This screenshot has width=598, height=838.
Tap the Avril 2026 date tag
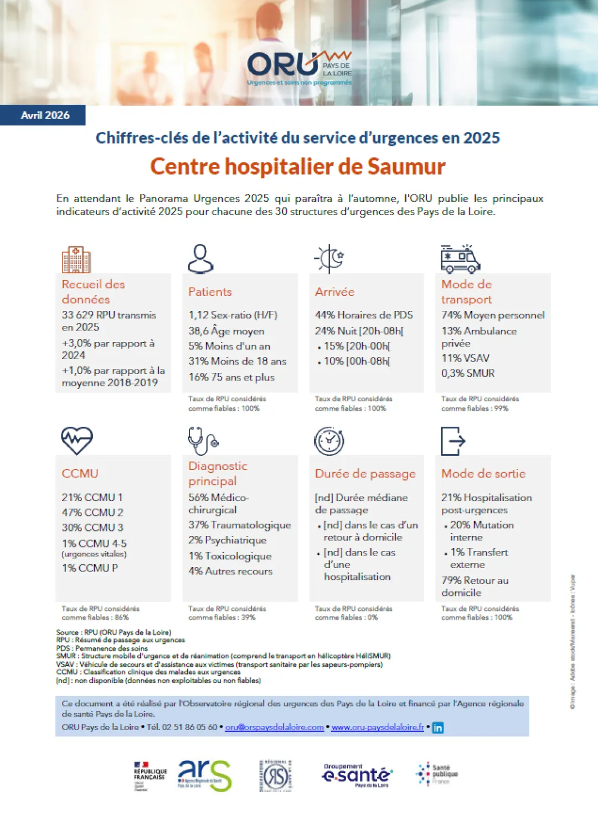45,115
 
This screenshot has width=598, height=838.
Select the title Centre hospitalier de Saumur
298,167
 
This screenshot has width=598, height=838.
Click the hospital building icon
76,259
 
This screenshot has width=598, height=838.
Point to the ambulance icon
460,259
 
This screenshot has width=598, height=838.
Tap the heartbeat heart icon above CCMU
77,441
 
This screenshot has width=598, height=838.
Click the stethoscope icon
203,441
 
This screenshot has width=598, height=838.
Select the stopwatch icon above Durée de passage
329,441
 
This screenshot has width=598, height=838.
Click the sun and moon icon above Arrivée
330,258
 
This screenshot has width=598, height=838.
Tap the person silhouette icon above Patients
200,258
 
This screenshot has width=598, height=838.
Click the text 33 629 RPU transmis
109,315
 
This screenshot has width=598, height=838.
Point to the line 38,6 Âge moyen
226,331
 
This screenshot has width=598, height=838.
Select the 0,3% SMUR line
468,373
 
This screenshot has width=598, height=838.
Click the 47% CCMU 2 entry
92,512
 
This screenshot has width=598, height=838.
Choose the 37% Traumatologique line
240,525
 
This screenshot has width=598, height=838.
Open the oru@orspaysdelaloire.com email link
274,727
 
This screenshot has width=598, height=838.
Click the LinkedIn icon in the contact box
437,728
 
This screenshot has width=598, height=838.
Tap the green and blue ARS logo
204,775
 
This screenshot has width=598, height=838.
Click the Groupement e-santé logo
357,775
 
